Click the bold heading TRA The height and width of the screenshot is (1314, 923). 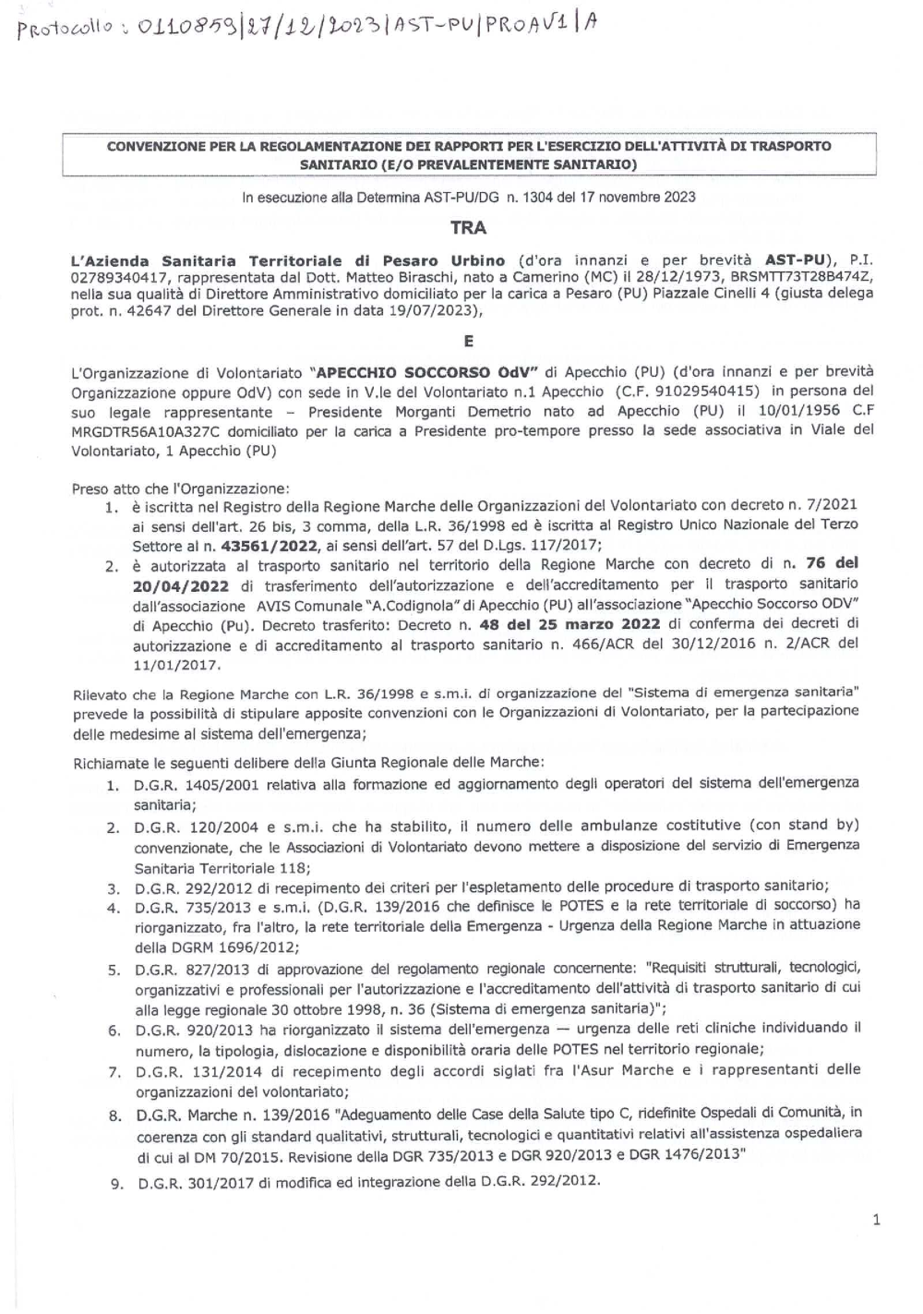coord(468,227)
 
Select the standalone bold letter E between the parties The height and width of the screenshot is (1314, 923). coord(468,341)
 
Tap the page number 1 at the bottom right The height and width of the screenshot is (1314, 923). coord(876,1220)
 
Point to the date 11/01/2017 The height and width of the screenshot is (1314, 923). coord(176,664)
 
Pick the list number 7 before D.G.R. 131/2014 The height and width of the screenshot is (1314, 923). coord(114,1072)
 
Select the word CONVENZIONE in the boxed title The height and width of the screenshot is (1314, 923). coord(156,147)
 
